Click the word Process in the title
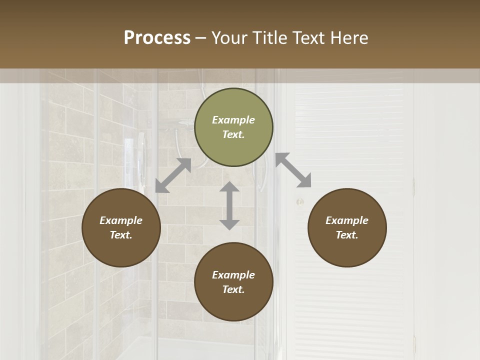157,38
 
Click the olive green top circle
233,127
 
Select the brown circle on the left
121,228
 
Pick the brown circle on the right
347,228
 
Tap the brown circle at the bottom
233,282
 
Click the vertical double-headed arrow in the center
229,206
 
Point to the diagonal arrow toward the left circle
173,175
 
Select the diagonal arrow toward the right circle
293,170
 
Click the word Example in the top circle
233,120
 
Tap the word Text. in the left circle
121,235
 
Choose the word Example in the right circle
347,220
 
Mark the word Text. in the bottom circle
233,289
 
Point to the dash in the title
201,38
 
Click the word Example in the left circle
121,220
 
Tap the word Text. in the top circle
233,134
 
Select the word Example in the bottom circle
233,275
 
